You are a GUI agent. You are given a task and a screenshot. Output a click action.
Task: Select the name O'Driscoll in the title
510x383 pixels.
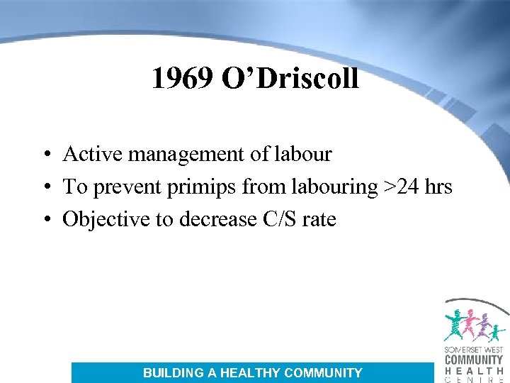pos(291,79)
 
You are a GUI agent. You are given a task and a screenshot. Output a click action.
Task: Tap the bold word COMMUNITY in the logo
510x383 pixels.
pos(474,360)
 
